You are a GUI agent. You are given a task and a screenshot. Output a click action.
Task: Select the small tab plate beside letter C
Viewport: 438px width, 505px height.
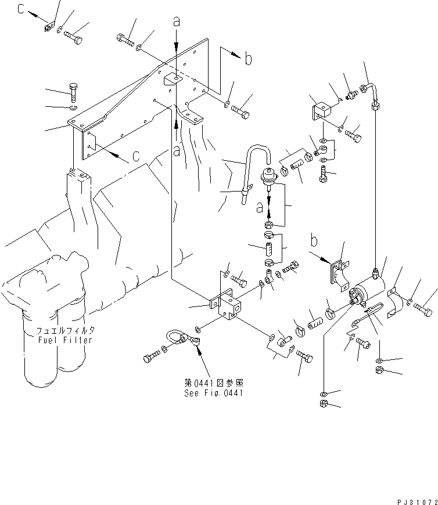49,27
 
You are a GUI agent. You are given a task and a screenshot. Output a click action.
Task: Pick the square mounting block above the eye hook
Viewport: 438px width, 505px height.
229,305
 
